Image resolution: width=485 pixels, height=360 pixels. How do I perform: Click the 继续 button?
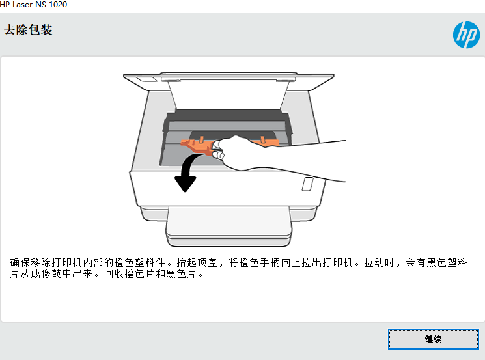(x=433, y=339)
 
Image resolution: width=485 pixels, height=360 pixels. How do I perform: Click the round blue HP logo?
(x=466, y=35)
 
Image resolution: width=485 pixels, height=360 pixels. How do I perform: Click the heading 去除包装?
(x=28, y=30)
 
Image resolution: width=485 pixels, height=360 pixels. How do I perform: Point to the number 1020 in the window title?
(x=57, y=5)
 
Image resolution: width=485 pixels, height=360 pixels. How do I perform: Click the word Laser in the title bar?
(x=25, y=5)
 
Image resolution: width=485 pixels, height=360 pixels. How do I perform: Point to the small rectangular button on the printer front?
(x=307, y=184)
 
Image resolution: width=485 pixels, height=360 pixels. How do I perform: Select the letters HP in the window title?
(x=6, y=5)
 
